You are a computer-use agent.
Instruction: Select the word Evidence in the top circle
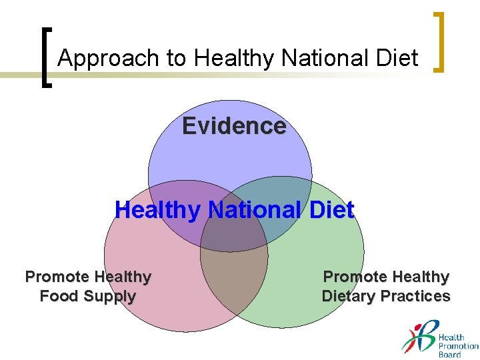tap(234, 126)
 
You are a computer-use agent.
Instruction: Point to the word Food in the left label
tap(59, 296)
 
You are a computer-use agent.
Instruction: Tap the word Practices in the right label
tap(419, 296)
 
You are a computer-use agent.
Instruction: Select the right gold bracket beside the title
tap(439, 42)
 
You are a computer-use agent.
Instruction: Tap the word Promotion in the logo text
tap(458, 346)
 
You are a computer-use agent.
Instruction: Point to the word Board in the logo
tap(449, 355)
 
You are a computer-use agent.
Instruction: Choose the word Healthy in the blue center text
tap(157, 211)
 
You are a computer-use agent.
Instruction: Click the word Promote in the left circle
tap(57, 277)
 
